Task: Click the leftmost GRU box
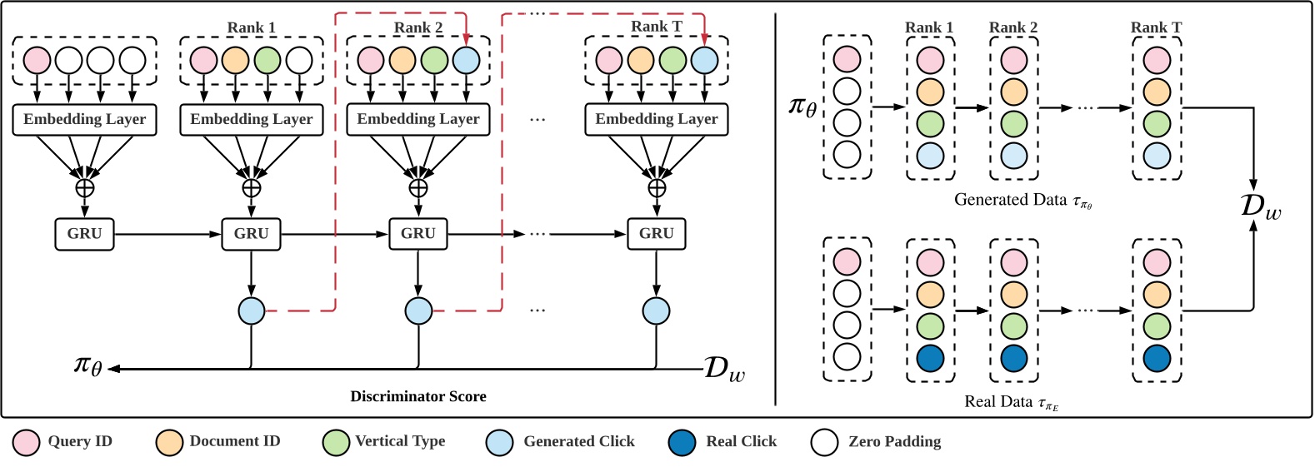pyautogui.click(x=84, y=234)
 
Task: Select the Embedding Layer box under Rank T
pyautogui.click(x=656, y=119)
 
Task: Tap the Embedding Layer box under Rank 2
pyautogui.click(x=417, y=119)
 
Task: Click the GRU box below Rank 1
pyautogui.click(x=251, y=234)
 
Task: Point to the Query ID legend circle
pyautogui.click(x=27, y=442)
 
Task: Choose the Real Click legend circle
pyautogui.click(x=682, y=442)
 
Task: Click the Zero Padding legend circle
pyautogui.click(x=824, y=442)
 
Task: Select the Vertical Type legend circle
pyautogui.click(x=336, y=442)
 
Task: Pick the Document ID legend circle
pyautogui.click(x=169, y=442)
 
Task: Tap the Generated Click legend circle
pyautogui.click(x=499, y=442)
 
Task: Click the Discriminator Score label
pyautogui.click(x=417, y=396)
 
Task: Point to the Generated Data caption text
pyautogui.click(x=1022, y=200)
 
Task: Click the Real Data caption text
pyautogui.click(x=1011, y=402)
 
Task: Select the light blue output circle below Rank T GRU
pyautogui.click(x=656, y=311)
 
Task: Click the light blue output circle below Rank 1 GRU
pyautogui.click(x=251, y=311)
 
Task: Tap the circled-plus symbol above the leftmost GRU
pyautogui.click(x=84, y=187)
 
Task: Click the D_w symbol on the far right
pyautogui.click(x=1260, y=206)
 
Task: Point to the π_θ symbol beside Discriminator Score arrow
pyautogui.click(x=87, y=365)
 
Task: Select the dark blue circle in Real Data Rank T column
pyautogui.click(x=1157, y=358)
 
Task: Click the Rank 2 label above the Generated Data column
pyautogui.click(x=1013, y=27)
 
